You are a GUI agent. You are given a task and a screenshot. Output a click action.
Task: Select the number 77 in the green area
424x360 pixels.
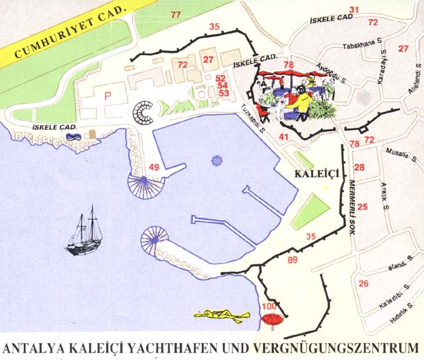pyautogui.click(x=176, y=15)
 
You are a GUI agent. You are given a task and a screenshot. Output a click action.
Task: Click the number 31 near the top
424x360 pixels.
pyautogui.click(x=354, y=10)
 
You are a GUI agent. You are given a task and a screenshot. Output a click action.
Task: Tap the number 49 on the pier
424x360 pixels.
pyautogui.click(x=154, y=167)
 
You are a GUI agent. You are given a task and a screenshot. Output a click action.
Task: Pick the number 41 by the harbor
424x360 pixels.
pyautogui.click(x=283, y=138)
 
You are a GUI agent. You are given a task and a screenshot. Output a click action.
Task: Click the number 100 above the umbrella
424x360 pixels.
pyautogui.click(x=269, y=306)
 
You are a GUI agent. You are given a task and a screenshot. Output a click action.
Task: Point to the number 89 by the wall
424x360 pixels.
pyautogui.click(x=293, y=260)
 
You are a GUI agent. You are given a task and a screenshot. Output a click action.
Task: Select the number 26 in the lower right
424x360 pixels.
pyautogui.click(x=363, y=283)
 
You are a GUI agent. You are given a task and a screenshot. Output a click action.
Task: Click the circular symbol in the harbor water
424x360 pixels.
pyautogui.click(x=216, y=161)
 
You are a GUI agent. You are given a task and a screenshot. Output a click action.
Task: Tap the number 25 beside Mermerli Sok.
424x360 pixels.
pyautogui.click(x=362, y=207)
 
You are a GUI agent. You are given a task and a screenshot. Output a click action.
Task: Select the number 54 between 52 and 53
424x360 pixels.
pyautogui.click(x=222, y=85)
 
